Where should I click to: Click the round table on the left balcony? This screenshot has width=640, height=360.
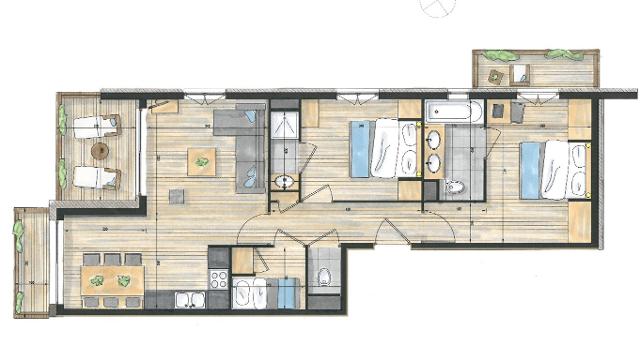pos(100,150)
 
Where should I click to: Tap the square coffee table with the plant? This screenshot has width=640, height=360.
pos(202,159)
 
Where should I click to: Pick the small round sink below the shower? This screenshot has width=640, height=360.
pos(285,182)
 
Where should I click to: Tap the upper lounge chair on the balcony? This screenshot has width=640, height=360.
pos(95,125)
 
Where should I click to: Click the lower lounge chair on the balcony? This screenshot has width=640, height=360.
pos(95,177)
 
